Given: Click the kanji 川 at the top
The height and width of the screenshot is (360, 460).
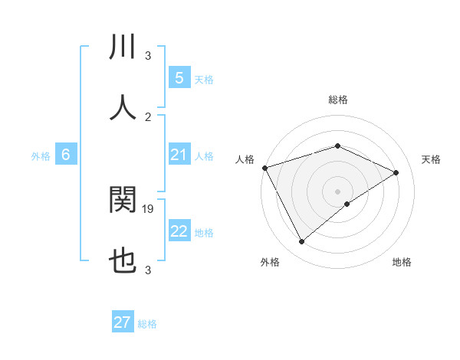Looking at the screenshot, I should tap(123, 47).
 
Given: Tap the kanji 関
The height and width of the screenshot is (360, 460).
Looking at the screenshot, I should tap(123, 200).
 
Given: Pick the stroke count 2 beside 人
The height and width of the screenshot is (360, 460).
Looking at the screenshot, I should tap(148, 116).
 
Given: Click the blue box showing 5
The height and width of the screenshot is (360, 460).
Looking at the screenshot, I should tap(179, 78).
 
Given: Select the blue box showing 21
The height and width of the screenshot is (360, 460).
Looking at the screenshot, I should tap(179, 155).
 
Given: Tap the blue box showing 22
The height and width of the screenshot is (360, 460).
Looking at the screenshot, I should tap(179, 231).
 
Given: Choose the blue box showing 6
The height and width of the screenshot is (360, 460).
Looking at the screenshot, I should tap(66, 155).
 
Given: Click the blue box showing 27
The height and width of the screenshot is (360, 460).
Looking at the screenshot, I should tap(123, 322).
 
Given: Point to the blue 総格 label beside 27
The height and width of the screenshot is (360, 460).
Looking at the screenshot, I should tap(147, 324).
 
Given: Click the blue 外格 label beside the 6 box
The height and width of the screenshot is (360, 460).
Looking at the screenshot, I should tap(41, 156).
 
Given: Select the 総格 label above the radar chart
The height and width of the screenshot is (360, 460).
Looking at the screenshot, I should tap(337, 100).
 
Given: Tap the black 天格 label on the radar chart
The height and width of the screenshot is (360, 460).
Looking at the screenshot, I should tap(432, 159).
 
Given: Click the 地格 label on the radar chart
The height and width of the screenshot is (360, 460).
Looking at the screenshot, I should tap(402, 262).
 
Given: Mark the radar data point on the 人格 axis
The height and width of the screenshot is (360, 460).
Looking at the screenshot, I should tap(264, 167).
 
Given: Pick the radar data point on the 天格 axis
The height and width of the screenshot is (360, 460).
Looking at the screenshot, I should tap(396, 172).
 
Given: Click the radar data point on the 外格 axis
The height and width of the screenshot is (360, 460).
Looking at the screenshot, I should tap(301, 242).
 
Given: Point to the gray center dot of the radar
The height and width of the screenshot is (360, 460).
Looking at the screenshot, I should tap(337, 191).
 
